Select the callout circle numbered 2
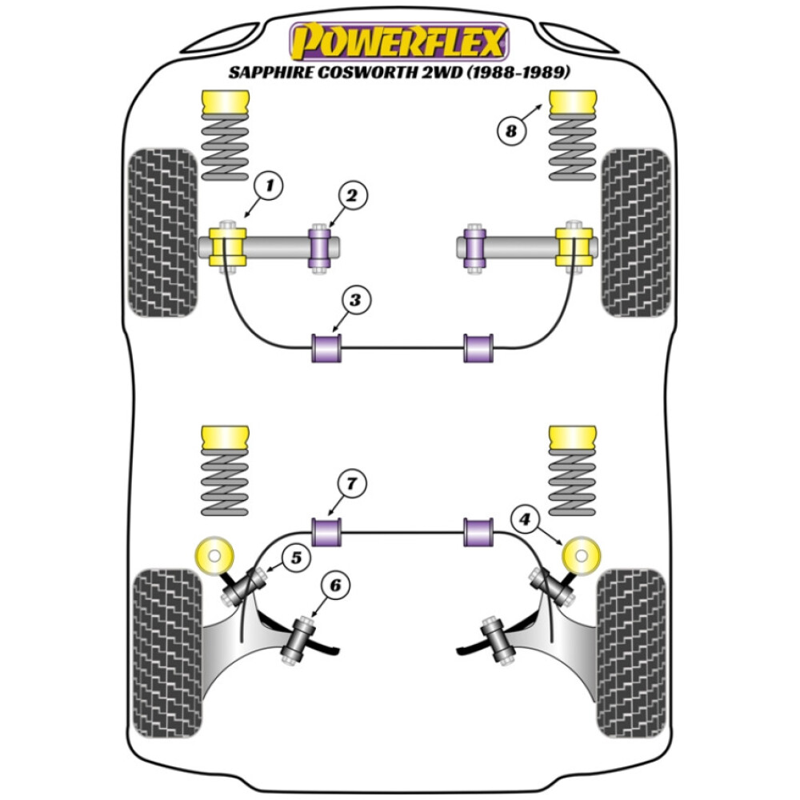click(x=352, y=194)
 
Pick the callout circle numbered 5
click(x=296, y=558)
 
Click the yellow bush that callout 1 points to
click(x=228, y=246)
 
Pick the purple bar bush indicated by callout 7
click(x=326, y=532)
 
